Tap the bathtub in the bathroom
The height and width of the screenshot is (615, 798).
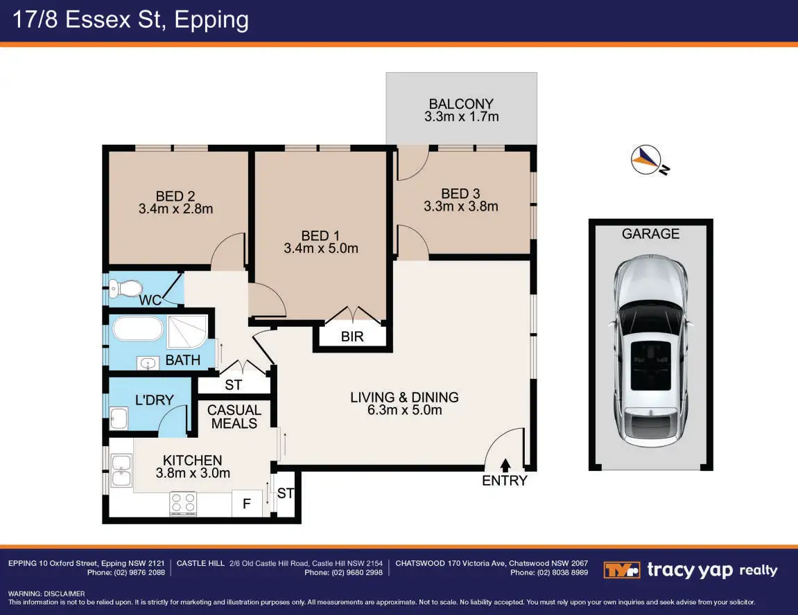(x=138, y=329)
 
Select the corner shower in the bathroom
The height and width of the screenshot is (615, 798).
(x=187, y=332)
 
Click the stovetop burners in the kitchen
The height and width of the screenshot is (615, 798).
(x=183, y=503)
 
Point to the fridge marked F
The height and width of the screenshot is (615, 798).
(x=247, y=503)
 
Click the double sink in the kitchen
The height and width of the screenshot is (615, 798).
(x=121, y=471)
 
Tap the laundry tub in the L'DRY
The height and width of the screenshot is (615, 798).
(x=119, y=418)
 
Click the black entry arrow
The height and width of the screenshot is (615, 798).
(x=505, y=465)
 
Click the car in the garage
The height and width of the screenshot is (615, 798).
(x=651, y=353)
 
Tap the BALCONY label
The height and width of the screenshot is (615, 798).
(x=461, y=104)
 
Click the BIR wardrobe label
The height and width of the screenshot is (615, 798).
(x=352, y=337)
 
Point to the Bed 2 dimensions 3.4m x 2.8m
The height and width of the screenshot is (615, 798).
(x=175, y=209)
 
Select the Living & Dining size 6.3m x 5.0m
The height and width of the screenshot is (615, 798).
(x=405, y=410)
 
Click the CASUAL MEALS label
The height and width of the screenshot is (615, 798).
(x=234, y=417)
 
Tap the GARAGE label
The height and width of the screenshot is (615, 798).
(x=650, y=234)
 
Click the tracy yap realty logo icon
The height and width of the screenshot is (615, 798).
(x=621, y=570)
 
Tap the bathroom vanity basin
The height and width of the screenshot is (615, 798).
(x=148, y=363)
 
